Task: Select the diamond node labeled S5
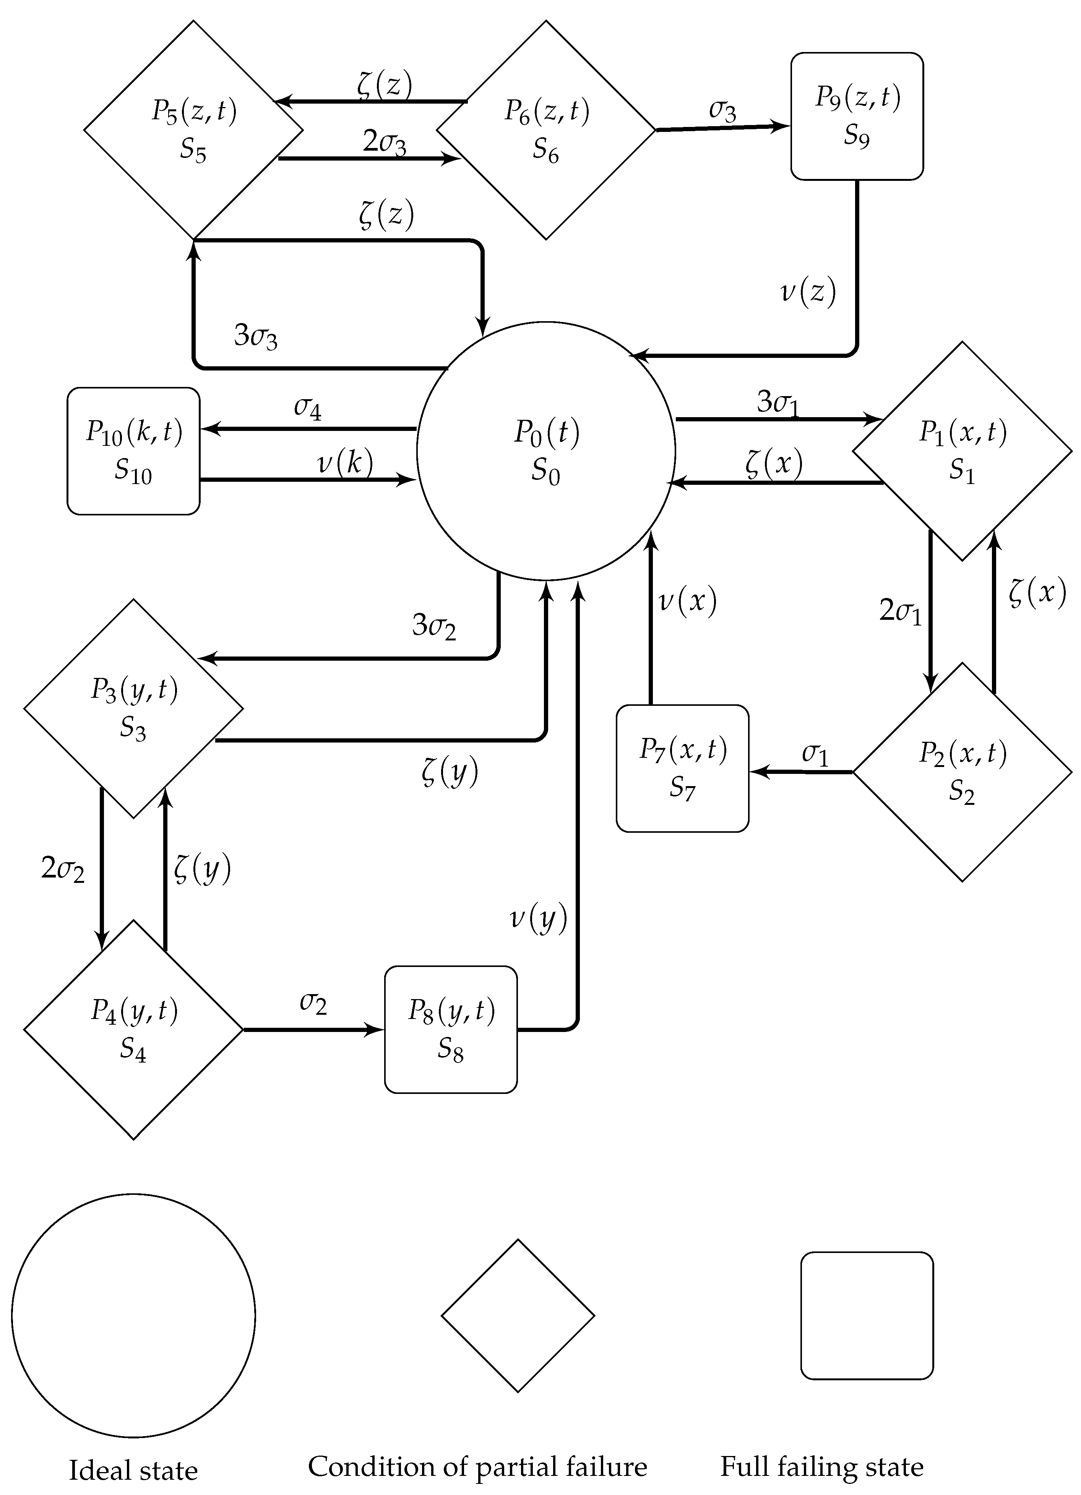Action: pos(193,130)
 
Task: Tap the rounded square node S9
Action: pos(857,116)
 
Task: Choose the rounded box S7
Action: pos(682,769)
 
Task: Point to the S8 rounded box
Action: pos(451,1030)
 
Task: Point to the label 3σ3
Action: pos(256,336)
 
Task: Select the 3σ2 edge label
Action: pos(434,625)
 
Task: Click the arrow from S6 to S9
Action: pos(723,128)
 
